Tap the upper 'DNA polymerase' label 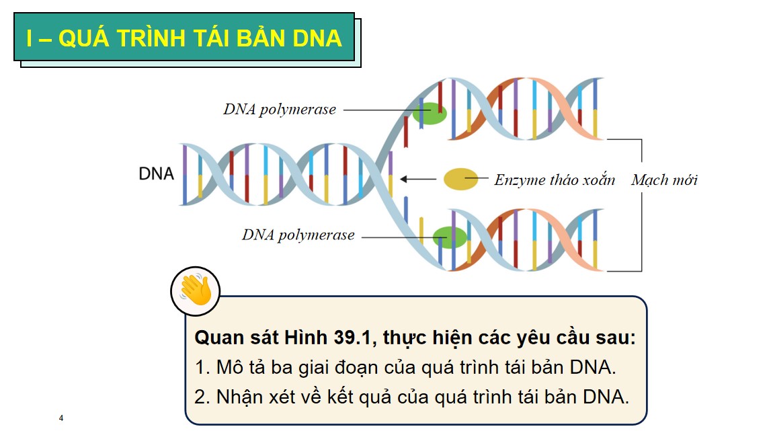coord(280,110)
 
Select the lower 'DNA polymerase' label coord(298,235)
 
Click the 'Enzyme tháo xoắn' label coord(555,180)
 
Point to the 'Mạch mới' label coord(664,180)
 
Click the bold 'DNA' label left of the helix coord(156,173)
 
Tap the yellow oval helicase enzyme coord(460,179)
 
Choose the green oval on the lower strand coord(449,237)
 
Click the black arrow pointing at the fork coord(417,179)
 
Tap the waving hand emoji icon coord(196,291)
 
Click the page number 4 coord(61,419)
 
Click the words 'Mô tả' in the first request coord(243,368)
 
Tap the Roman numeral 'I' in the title coord(29,38)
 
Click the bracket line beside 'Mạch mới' coord(641,205)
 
